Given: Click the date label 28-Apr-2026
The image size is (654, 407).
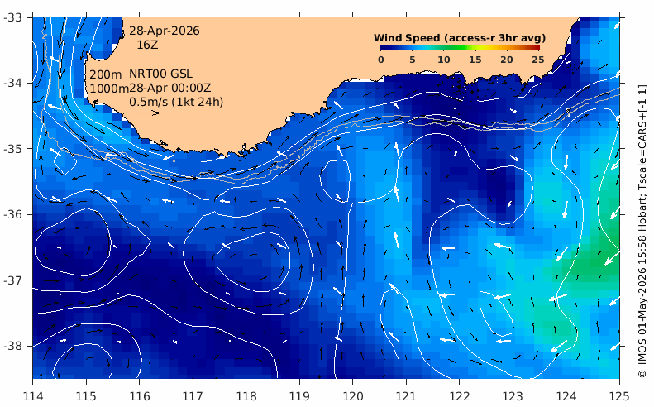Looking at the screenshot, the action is coord(164,31).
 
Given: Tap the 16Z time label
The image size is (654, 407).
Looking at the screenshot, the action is coord(148,45).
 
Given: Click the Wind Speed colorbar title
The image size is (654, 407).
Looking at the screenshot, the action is coord(460,38).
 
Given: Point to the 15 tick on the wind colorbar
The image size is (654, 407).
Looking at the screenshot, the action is coord(475,60).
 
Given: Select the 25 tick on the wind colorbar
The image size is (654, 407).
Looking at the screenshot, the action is coord(538,60).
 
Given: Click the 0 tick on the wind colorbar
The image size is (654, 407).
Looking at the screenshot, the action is coord(381,60).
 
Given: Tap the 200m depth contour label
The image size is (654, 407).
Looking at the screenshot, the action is coord(106,74).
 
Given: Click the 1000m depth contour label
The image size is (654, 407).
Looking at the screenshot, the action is coord(109,89).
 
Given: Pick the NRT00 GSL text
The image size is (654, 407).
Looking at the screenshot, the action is coord(160,74).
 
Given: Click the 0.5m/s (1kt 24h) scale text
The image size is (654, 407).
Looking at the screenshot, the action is coord(176,102).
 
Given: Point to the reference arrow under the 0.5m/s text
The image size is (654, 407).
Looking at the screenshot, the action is coord(148,113).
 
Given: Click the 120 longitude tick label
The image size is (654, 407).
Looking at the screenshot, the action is coord(352,395).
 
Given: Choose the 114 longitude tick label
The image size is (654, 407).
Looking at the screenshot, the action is coord(33,395).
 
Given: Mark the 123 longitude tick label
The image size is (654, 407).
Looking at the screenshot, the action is coord(513,395).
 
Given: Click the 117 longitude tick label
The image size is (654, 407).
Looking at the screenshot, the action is coord(193,395).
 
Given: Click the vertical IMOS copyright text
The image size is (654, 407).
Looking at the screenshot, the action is coord(642,232).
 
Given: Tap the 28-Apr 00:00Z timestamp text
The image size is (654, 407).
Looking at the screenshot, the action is coord(169,88).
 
